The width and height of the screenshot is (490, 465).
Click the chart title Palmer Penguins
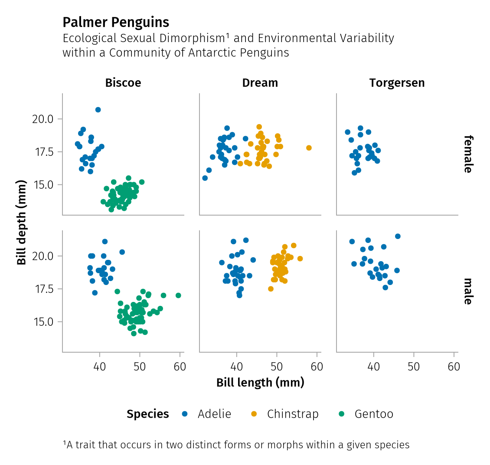tap(116, 22)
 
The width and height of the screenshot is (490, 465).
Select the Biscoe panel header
tap(123, 83)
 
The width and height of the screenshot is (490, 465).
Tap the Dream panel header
tap(260, 83)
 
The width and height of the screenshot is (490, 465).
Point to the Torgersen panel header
tap(397, 83)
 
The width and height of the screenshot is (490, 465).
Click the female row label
tap(467, 154)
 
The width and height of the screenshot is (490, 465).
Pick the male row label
tap(467, 291)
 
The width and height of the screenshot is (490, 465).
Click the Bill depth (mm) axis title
tap(22, 223)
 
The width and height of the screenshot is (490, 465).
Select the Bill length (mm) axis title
tap(260, 383)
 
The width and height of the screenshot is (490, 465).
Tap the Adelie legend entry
tap(214, 414)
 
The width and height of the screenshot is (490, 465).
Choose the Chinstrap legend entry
tap(293, 414)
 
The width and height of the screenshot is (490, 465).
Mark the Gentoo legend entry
tap(374, 414)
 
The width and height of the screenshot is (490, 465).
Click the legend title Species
tap(148, 414)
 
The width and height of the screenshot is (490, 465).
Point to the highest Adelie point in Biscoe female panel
tap(98, 110)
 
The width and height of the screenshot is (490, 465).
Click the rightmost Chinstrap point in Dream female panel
tap(309, 148)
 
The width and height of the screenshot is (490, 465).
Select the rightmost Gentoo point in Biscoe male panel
tap(178, 295)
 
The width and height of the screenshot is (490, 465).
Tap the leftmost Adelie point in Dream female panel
tap(205, 178)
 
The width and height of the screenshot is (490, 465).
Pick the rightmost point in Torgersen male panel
tap(398, 236)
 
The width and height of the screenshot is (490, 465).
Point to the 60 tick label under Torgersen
tap(454, 367)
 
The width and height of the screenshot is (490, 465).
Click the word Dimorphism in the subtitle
tap(195, 38)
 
